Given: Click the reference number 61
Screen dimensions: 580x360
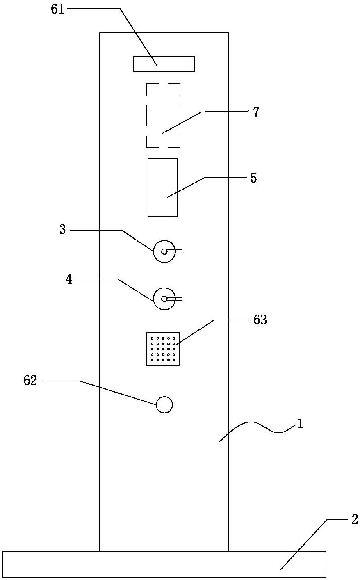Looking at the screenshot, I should [x=58, y=9].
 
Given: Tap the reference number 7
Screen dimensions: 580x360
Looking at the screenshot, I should [x=256, y=112].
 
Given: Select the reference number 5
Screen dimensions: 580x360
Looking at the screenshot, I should [x=254, y=178].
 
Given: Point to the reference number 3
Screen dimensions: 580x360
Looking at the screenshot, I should [x=62, y=230].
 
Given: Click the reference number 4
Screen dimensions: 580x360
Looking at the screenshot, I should [x=68, y=280].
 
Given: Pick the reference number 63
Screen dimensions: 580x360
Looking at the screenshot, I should [x=260, y=320].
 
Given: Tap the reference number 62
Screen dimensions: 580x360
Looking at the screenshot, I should [x=30, y=381].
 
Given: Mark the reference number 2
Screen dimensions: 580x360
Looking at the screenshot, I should [x=355, y=519].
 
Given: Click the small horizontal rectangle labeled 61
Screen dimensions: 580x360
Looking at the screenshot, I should [x=164, y=64].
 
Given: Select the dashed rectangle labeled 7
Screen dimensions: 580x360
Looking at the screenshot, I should [x=163, y=115].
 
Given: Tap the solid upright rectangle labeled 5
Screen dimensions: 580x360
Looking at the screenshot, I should [x=163, y=187].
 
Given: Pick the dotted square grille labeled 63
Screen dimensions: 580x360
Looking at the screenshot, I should [x=163, y=349].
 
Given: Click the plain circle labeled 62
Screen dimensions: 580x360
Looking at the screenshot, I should [x=164, y=405].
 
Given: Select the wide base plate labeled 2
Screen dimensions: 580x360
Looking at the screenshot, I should [x=164, y=564].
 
